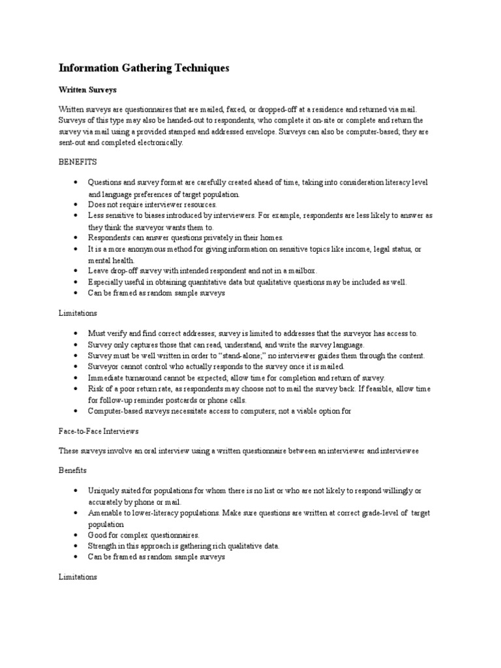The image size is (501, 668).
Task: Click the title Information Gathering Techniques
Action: point(144,68)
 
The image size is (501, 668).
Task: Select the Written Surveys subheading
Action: point(87,89)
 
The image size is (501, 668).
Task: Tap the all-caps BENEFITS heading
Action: point(78,160)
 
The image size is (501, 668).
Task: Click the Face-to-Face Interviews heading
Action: point(99,431)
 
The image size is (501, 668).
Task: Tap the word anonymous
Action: point(146,249)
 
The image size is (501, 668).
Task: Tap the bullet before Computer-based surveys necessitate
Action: point(76,411)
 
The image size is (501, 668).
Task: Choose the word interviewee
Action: point(395,451)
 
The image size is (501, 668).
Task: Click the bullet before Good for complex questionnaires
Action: point(76,535)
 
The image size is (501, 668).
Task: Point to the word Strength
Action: point(104,546)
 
